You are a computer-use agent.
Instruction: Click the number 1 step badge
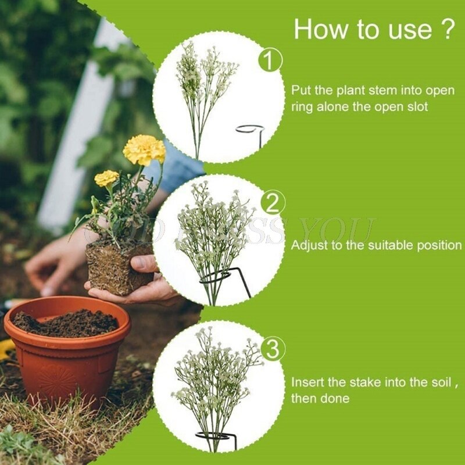click(x=270, y=60)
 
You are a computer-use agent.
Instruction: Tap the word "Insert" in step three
click(x=306, y=382)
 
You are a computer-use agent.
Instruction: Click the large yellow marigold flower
click(x=144, y=149)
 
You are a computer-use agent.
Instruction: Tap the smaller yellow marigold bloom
click(x=106, y=178)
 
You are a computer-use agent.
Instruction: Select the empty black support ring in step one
click(x=250, y=128)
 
